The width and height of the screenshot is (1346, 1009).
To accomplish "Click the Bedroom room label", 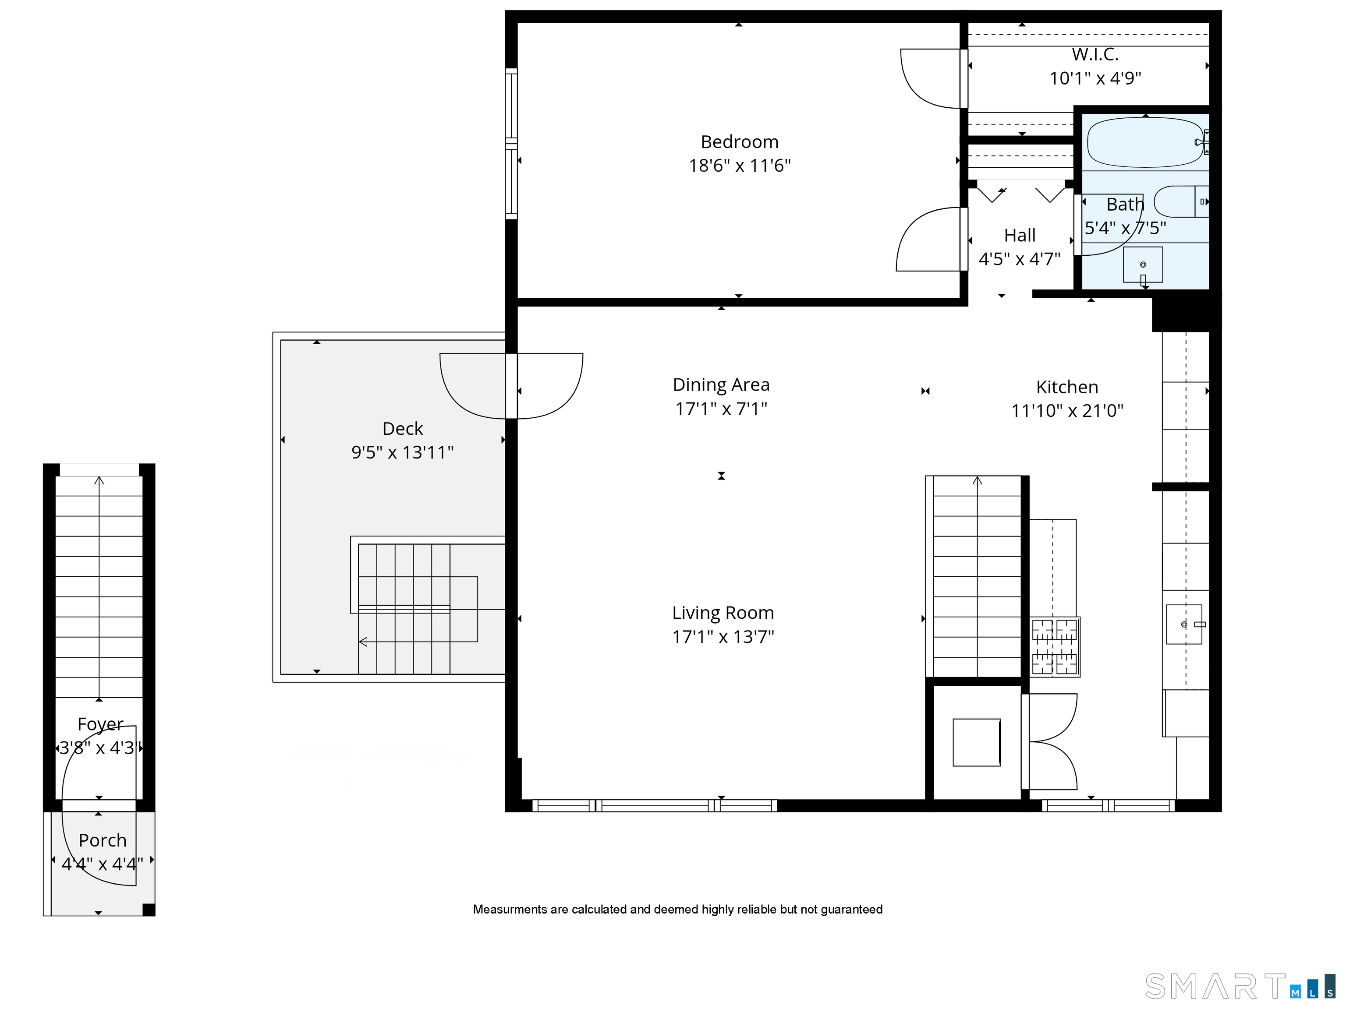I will (x=739, y=142).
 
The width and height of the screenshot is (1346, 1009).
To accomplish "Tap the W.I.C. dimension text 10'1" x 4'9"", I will (x=1095, y=78).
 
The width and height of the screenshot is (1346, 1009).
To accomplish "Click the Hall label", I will (x=1019, y=235).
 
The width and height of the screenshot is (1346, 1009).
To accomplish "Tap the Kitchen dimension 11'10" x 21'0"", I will (x=1067, y=411).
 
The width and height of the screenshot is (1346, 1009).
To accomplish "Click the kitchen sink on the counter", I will (x=1183, y=624).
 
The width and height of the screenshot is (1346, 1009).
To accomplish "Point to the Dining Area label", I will (x=721, y=385).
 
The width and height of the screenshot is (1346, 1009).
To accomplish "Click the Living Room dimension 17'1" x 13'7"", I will (x=723, y=637).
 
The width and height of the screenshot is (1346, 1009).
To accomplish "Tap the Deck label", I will (x=402, y=429).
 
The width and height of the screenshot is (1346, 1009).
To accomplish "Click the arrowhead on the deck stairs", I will (x=363, y=642).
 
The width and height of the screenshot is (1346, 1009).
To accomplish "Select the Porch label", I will (x=102, y=840).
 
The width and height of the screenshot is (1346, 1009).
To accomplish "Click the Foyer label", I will (x=100, y=724).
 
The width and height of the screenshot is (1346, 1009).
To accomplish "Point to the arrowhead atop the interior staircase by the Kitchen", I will (x=977, y=481).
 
